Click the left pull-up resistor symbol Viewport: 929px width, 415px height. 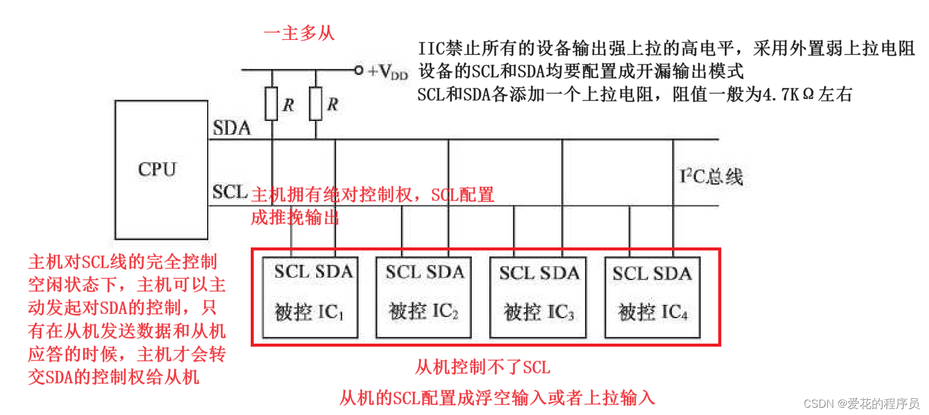click(272, 103)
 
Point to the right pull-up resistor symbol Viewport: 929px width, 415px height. click(315, 103)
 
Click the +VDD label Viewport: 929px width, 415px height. click(388, 71)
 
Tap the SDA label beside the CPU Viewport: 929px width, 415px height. click(231, 128)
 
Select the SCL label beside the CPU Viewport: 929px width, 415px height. click(230, 192)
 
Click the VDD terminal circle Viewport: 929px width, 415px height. click(359, 71)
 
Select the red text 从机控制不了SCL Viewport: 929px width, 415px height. click(483, 367)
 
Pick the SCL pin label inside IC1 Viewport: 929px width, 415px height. click(291, 271)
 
